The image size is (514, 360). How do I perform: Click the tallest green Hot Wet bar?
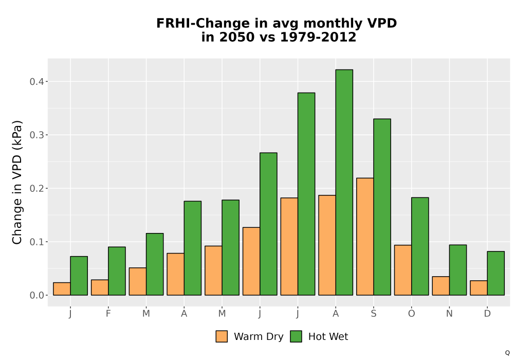[344, 182]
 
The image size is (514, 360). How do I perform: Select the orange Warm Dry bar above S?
[365, 237]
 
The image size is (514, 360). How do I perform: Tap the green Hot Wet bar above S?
[382, 207]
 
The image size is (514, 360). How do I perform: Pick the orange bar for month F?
[100, 287]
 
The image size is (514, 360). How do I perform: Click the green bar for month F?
[117, 271]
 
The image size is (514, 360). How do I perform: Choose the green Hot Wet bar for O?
[420, 246]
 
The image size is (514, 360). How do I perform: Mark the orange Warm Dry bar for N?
[441, 285]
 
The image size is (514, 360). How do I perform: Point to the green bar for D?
[495, 273]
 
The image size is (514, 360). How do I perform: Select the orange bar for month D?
[479, 288]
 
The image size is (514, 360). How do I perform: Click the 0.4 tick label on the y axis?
[36, 81]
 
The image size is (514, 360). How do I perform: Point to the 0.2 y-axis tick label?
[36, 188]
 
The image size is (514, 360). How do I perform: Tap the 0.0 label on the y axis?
[36, 295]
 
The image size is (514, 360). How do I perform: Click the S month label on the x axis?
[373, 314]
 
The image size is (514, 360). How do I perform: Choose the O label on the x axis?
[411, 314]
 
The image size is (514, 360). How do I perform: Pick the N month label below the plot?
[449, 314]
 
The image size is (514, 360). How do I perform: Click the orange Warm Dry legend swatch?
[222, 336]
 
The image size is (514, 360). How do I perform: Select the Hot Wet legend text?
[328, 336]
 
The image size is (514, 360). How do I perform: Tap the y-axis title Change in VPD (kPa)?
[17, 182]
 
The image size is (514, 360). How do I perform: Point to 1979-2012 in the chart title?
[318, 37]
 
